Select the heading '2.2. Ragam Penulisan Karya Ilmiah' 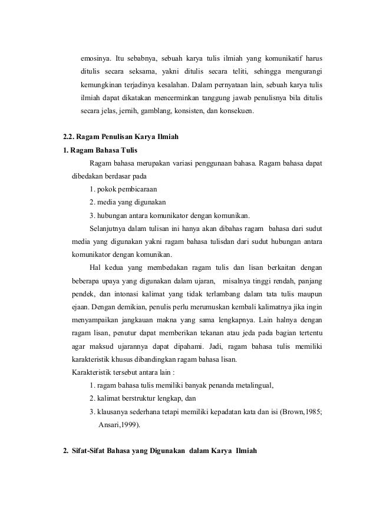(x=121, y=137)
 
